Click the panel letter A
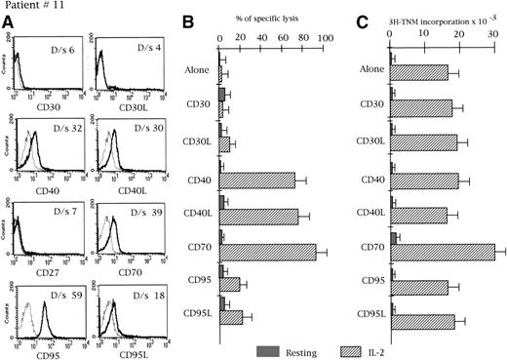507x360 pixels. pos(9,26)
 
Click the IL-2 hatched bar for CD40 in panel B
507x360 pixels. pos(258,180)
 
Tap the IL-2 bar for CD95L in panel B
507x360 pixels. pos(231,317)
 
